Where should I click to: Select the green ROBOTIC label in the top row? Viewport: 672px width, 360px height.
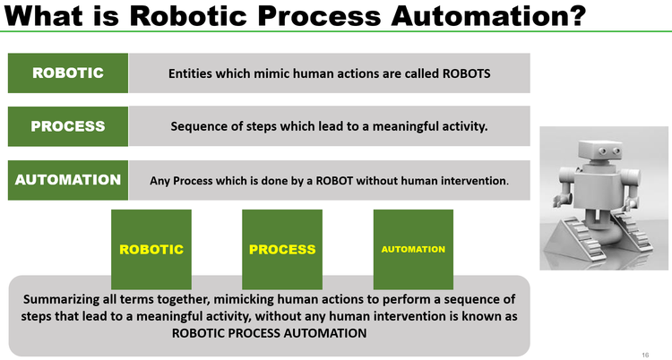pyautogui.click(x=68, y=73)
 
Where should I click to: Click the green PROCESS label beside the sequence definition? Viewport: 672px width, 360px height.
pyautogui.click(x=68, y=126)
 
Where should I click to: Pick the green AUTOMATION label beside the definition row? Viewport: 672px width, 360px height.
pyautogui.click(x=68, y=179)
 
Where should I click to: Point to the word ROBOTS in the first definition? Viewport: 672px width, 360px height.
pyautogui.click(x=467, y=73)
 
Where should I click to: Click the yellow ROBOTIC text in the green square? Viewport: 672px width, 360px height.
pyautogui.click(x=151, y=249)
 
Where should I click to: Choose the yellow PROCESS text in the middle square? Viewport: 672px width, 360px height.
pyautogui.click(x=282, y=249)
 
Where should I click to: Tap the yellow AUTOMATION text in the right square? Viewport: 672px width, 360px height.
pyautogui.click(x=413, y=249)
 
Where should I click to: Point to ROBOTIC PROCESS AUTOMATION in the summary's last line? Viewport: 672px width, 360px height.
pyautogui.click(x=269, y=332)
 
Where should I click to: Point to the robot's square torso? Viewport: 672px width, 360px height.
pyautogui.click(x=596, y=193)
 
